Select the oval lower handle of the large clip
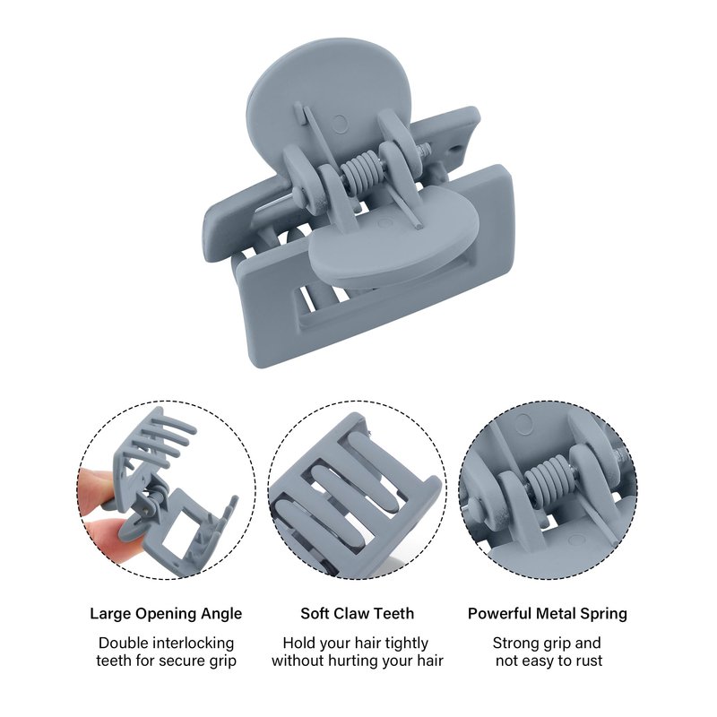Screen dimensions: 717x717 coord(394,241)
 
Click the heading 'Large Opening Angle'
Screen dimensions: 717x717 coord(166,614)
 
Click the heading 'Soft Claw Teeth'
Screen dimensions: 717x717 coord(357,613)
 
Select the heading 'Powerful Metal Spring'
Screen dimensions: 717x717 coord(548,614)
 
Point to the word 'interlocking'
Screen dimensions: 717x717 coord(193,644)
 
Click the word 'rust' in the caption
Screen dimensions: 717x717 coord(587,661)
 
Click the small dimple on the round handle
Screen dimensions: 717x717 coord(340,124)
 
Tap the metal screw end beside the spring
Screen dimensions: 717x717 coord(424,151)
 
